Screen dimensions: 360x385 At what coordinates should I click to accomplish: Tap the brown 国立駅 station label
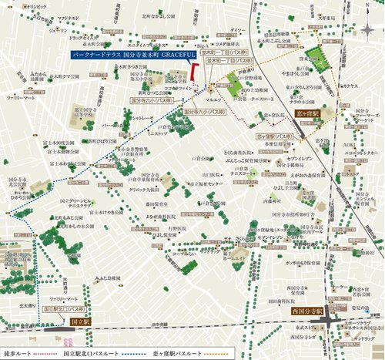pos(80,318)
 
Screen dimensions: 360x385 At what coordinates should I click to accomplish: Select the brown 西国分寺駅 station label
pos(306,311)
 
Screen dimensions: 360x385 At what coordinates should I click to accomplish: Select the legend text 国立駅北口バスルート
pos(95,354)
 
